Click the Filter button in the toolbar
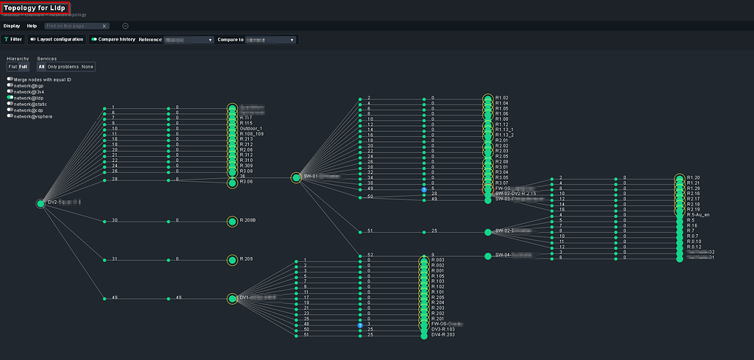point(13,39)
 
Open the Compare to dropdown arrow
point(292,40)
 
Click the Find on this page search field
point(74,26)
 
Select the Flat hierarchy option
point(13,67)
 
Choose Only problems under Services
point(63,67)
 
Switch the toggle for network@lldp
point(10,97)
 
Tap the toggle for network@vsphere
point(10,116)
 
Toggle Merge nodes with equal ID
point(10,79)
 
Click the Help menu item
point(32,26)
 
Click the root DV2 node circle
point(40,203)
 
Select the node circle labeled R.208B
point(233,221)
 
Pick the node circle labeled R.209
point(233,259)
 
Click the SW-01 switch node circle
point(296,177)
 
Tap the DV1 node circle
point(233,298)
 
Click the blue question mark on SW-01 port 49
point(424,189)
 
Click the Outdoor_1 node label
point(253,128)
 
